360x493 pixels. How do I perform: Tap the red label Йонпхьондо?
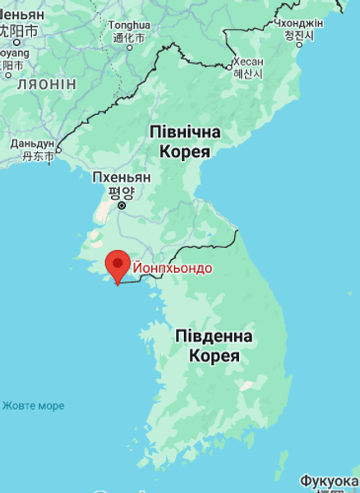[x=173, y=268]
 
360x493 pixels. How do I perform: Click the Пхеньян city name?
[x=122, y=177]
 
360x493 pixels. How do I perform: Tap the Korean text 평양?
[x=122, y=191]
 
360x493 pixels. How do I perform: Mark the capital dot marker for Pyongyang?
[x=122, y=205]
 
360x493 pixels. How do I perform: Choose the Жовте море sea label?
[x=33, y=406]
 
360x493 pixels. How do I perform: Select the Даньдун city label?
[x=32, y=142]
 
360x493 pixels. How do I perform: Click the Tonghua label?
[x=129, y=25]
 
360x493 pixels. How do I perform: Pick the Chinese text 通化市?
[x=129, y=37]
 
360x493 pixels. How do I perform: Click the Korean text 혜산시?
[x=247, y=73]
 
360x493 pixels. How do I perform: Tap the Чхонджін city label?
[x=298, y=22]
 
